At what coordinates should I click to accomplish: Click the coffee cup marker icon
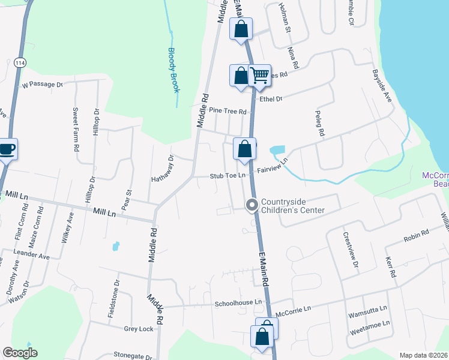(7, 148)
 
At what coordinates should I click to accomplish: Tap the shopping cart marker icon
(260, 75)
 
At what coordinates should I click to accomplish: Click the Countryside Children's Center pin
(252, 206)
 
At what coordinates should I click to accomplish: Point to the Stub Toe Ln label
(228, 176)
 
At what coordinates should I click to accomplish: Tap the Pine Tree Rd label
(228, 112)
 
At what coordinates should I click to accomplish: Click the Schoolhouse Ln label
(239, 304)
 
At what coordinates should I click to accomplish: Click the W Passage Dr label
(42, 85)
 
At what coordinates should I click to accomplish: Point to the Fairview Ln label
(273, 166)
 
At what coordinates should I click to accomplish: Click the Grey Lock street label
(139, 329)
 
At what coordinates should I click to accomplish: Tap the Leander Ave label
(31, 255)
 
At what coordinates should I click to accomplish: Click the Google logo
(20, 353)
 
